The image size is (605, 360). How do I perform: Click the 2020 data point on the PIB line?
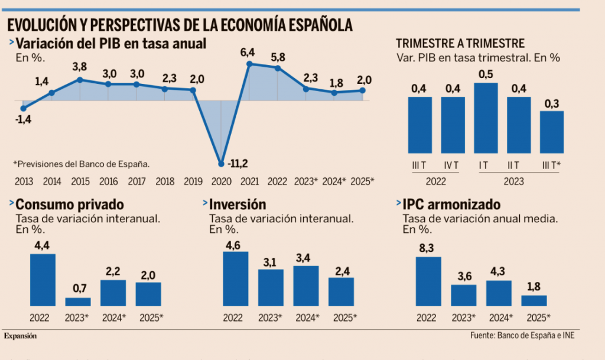click(x=221, y=164)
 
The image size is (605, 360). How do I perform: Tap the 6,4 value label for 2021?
click(x=248, y=53)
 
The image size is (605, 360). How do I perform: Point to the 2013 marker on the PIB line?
click(x=24, y=108)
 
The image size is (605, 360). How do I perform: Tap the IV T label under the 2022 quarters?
click(x=453, y=166)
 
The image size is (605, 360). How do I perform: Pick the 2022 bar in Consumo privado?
click(x=43, y=280)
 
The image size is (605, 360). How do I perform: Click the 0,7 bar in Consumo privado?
click(x=77, y=301)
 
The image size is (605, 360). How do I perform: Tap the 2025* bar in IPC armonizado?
click(x=534, y=300)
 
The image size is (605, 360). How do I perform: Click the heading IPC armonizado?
click(x=451, y=205)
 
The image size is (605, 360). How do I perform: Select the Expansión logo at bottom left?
click(x=21, y=336)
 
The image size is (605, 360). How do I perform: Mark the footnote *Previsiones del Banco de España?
click(x=82, y=164)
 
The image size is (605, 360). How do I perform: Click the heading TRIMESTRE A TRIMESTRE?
click(x=460, y=43)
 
